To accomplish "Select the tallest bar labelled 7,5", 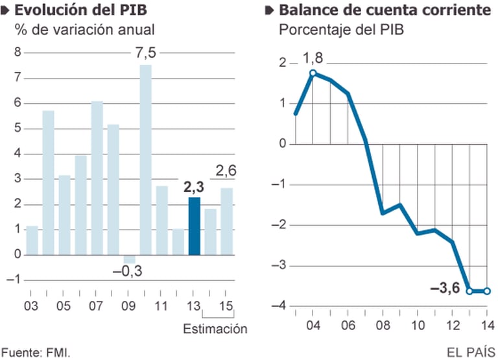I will click(x=145, y=159).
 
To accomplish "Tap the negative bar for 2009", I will click(x=129, y=259).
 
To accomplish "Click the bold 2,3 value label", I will click(x=193, y=186).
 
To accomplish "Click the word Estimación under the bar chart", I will click(x=215, y=329).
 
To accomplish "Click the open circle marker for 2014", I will click(x=487, y=291).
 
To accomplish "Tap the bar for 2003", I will click(x=32, y=240).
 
